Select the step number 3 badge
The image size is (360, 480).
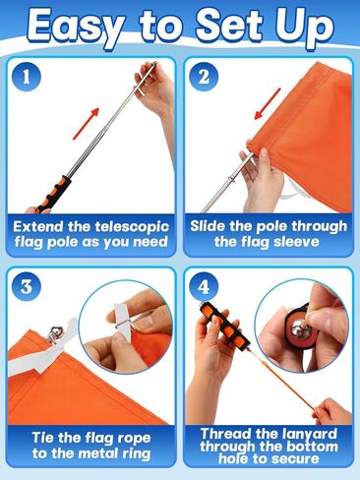[x=29, y=289]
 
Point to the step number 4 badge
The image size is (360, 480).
[x=207, y=289]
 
